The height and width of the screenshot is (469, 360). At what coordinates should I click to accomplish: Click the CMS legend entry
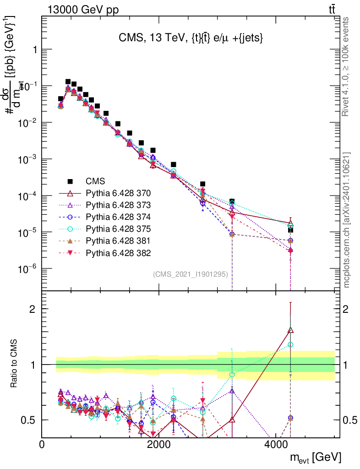tap(95, 181)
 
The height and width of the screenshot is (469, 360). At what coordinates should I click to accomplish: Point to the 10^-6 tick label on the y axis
tap(27, 269)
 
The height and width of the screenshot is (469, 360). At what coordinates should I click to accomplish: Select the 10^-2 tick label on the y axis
tap(27, 123)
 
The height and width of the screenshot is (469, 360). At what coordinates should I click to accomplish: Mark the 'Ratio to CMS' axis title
tap(15, 365)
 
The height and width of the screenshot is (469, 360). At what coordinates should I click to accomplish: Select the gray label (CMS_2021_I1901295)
tap(194, 274)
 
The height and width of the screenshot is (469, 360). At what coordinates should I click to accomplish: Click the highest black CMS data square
tap(68, 82)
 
